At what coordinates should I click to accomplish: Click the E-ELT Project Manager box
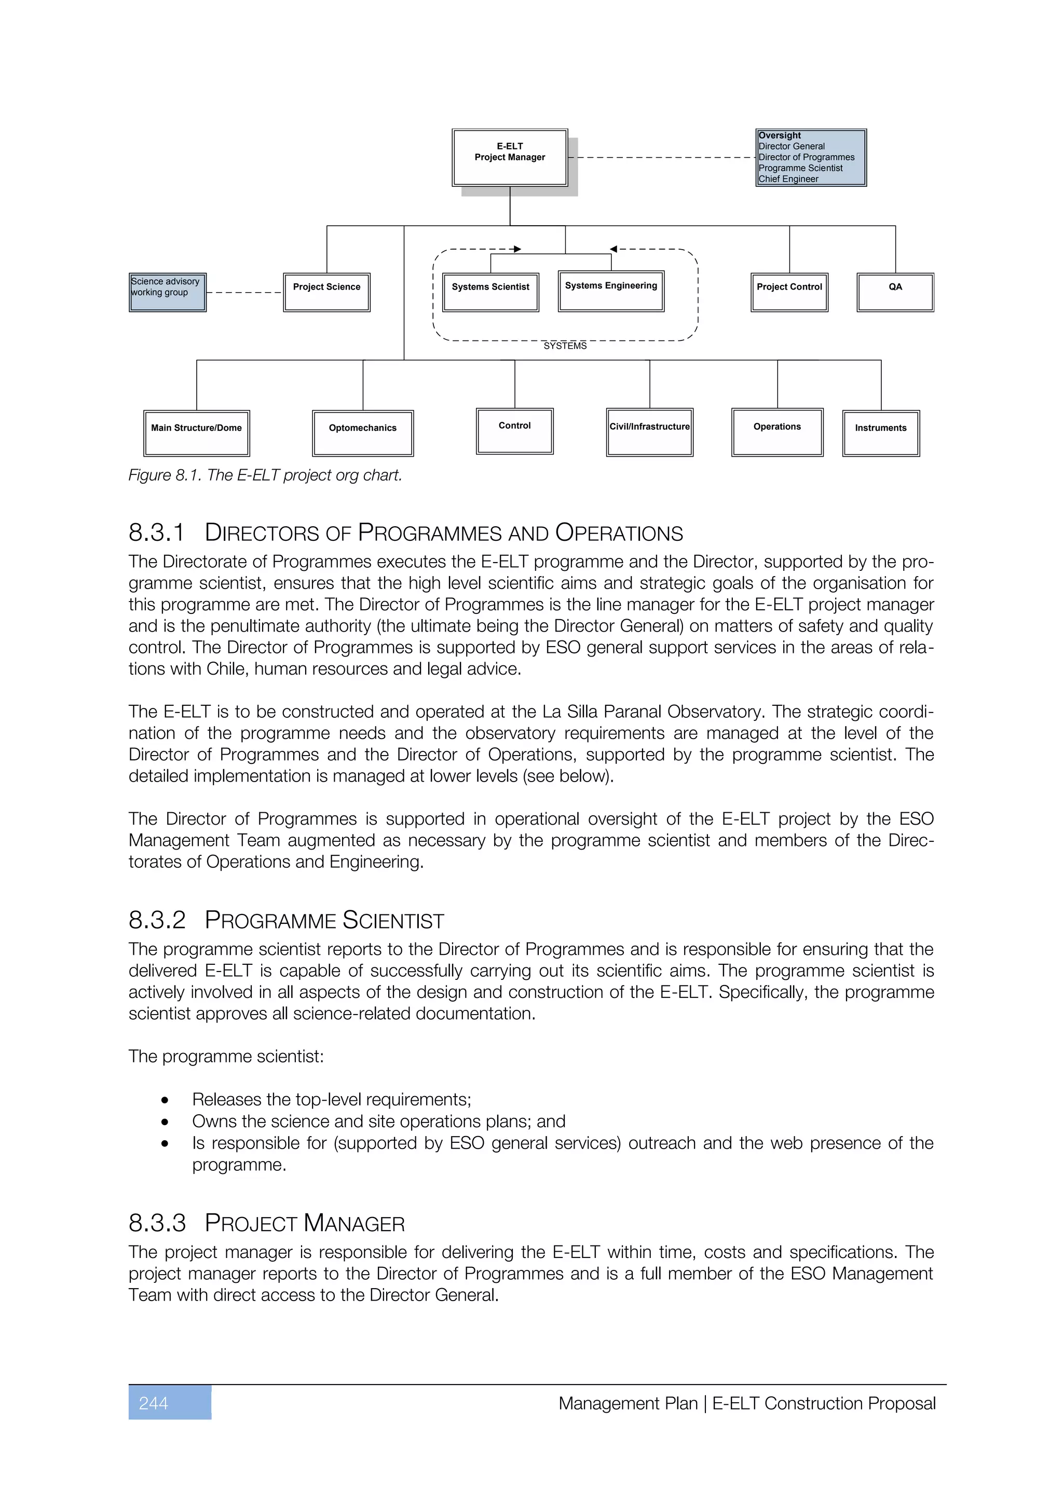[x=510, y=157]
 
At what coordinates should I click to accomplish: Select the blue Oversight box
[x=810, y=157]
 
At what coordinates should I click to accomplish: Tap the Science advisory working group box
[x=167, y=292]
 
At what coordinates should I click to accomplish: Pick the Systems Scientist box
[x=490, y=292]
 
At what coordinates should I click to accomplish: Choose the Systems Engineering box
[x=610, y=291]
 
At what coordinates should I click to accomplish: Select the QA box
[x=895, y=292]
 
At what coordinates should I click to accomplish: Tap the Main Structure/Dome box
[x=197, y=433]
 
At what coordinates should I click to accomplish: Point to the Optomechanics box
[x=362, y=433]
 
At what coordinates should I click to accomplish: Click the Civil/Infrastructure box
[x=649, y=432]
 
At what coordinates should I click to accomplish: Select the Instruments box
[x=880, y=433]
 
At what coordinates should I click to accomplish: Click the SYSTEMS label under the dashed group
[x=565, y=346]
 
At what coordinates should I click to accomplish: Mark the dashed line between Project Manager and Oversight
[x=661, y=157]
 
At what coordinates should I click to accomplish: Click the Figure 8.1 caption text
[x=265, y=475]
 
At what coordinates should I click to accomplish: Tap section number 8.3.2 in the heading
[x=157, y=920]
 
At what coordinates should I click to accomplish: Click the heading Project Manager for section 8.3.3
[x=305, y=1223]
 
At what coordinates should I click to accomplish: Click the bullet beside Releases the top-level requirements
[x=165, y=1100]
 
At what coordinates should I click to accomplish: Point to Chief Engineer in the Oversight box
[x=788, y=179]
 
